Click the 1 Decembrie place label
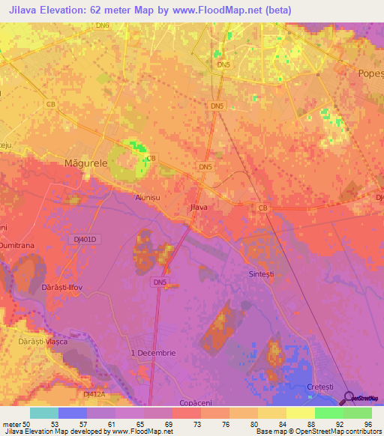[x=153, y=353]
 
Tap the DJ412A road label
[x=94, y=393]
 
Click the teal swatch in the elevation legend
[x=44, y=413]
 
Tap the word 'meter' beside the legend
[x=12, y=423]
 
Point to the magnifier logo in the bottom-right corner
[x=349, y=399]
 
